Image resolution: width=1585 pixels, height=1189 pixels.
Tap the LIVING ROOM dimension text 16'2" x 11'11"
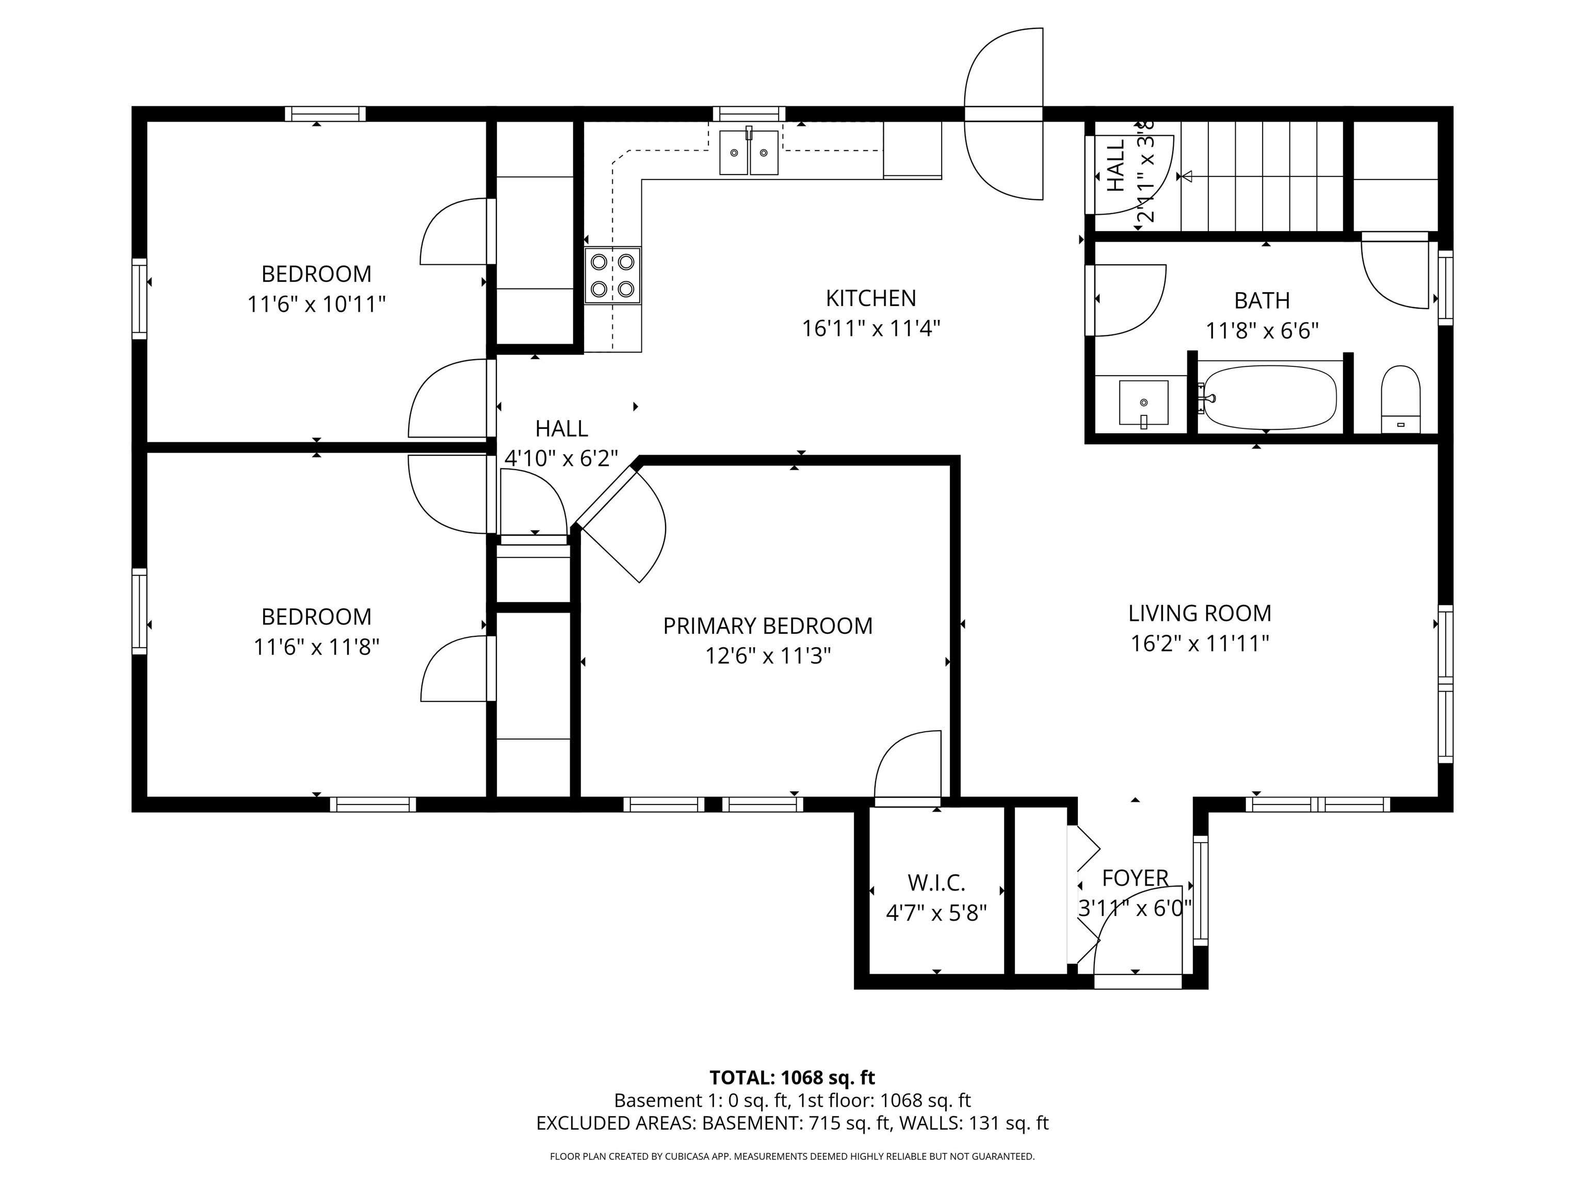click(1200, 644)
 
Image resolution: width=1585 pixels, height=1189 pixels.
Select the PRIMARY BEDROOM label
click(767, 625)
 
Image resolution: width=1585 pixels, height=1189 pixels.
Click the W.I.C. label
click(936, 882)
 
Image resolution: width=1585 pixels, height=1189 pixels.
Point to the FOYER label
click(1135, 878)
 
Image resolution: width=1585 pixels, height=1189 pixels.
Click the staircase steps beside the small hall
click(1261, 176)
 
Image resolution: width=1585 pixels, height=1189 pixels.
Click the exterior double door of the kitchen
click(1003, 115)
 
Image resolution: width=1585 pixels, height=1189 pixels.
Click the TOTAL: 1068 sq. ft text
click(792, 1077)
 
